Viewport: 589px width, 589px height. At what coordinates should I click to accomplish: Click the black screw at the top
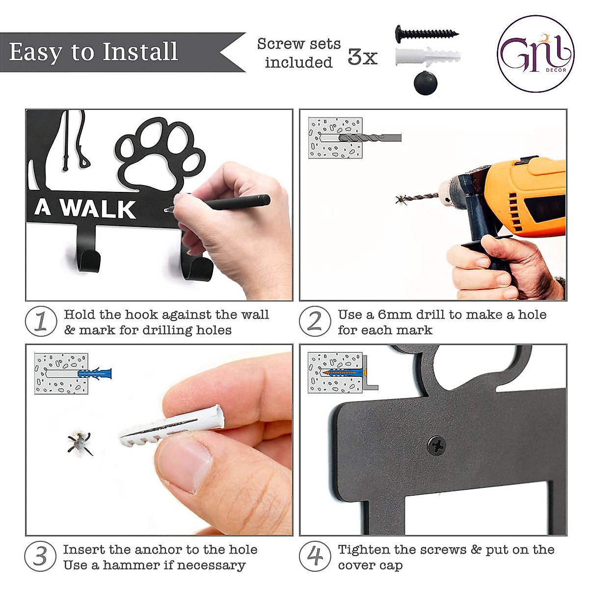(426, 33)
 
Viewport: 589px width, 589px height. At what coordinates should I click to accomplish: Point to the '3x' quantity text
(362, 57)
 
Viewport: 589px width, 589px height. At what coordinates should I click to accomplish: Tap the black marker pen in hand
(236, 202)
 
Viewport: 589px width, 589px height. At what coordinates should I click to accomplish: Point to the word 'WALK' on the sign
(98, 209)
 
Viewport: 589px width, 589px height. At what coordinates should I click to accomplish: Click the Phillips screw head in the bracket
(436, 446)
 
